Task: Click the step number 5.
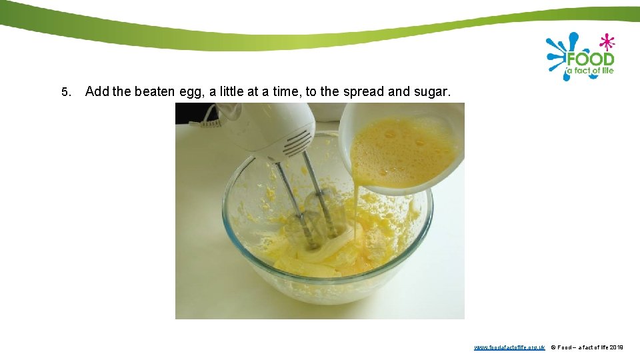coord(65,92)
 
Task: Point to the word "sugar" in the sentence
coord(430,91)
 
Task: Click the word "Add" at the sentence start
coord(97,91)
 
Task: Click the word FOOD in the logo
coord(589,59)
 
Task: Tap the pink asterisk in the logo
coord(607,42)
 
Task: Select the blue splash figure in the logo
coord(559,55)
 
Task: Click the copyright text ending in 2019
coord(587,347)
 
